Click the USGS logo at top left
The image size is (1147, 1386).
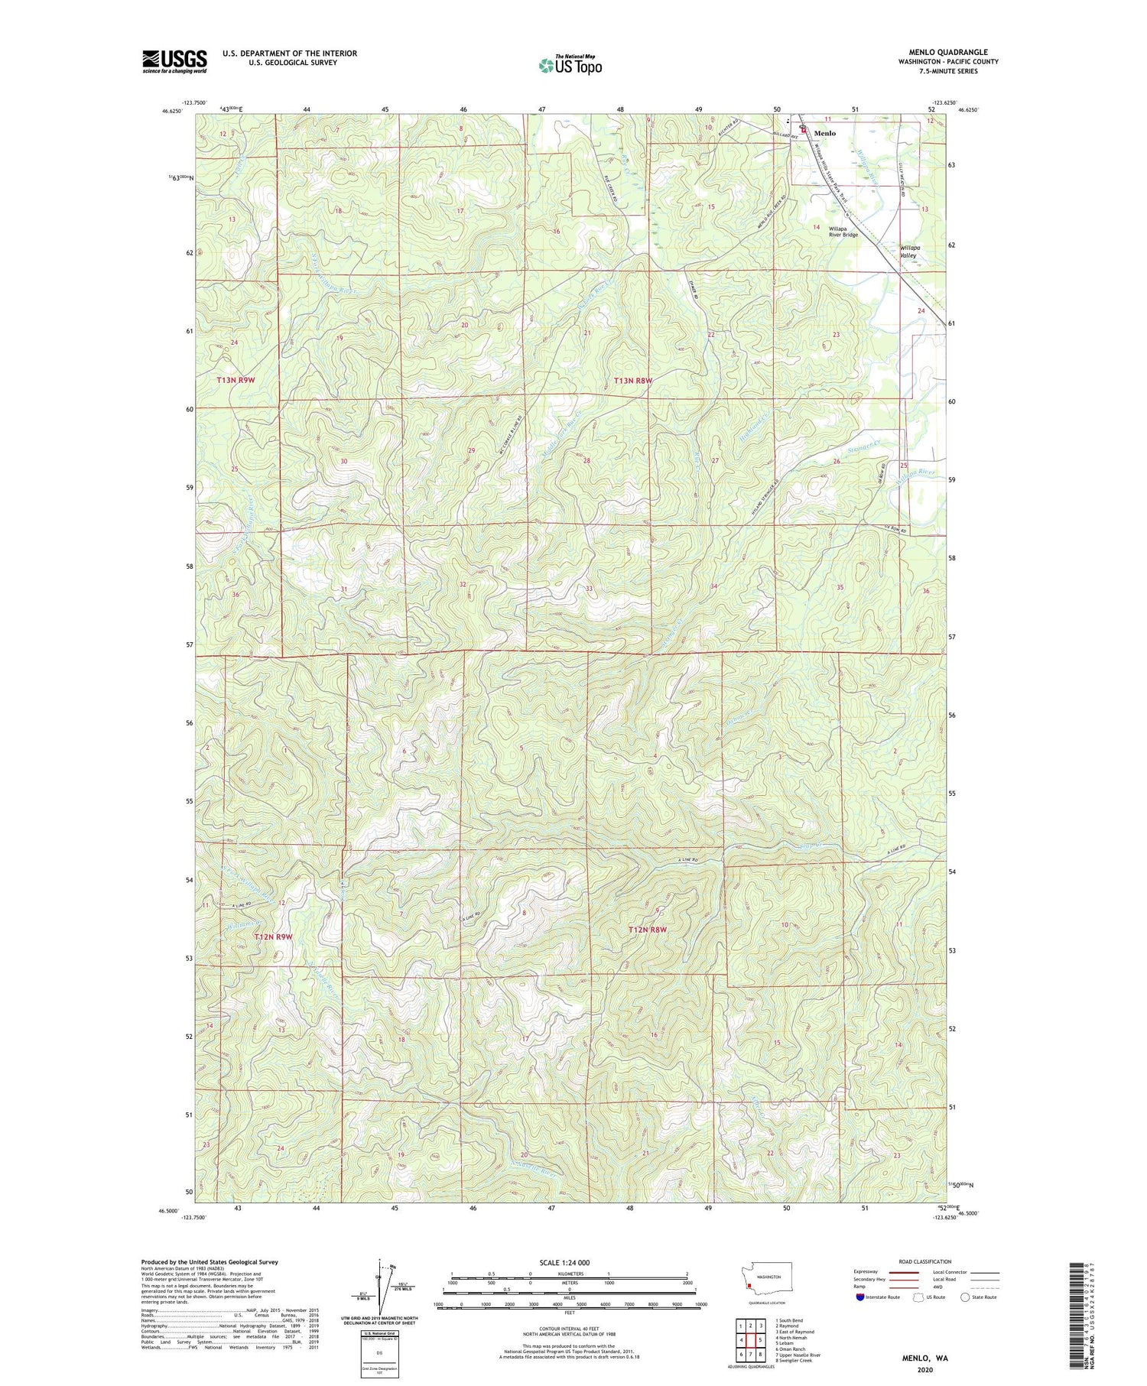tap(174, 61)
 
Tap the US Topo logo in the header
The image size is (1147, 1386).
tap(570, 65)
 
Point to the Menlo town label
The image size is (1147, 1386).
tap(824, 133)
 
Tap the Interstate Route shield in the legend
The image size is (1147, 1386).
tap(860, 1297)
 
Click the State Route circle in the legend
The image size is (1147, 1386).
tap(965, 1297)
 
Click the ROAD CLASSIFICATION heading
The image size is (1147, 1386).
tap(925, 1261)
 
